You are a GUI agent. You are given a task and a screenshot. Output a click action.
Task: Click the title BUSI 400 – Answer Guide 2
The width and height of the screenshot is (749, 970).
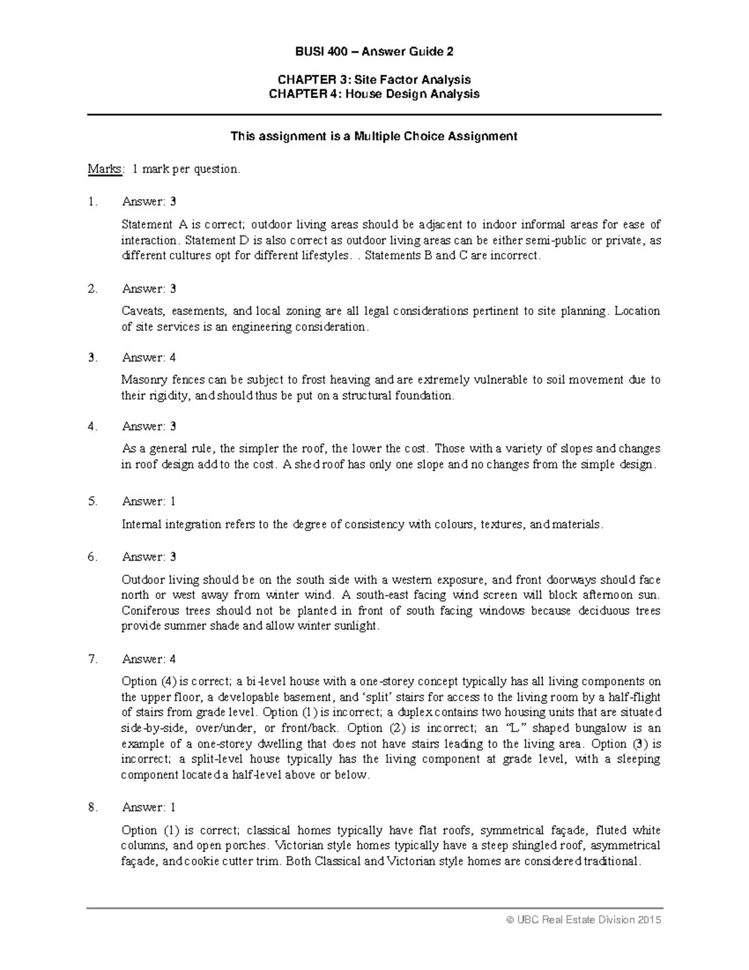pos(374,52)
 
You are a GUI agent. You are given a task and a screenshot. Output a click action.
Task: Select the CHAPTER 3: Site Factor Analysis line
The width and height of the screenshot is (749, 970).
pos(374,79)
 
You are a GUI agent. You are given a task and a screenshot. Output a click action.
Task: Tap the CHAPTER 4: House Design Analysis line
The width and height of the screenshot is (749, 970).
pos(374,94)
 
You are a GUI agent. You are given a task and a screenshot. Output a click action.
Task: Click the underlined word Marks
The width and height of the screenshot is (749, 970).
pos(105,169)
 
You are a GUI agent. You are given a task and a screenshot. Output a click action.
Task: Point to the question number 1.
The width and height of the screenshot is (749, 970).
pos(92,202)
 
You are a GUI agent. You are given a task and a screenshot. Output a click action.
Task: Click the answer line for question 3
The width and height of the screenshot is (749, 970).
pos(149,357)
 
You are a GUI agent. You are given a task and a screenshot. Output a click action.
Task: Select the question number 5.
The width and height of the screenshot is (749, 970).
pos(92,501)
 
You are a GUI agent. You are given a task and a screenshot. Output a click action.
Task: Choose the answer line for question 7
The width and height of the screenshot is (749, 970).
pos(149,658)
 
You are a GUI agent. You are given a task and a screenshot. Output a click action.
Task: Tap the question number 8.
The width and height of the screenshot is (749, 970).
pos(92,807)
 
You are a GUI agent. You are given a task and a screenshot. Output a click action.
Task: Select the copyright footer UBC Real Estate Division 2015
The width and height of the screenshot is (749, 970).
pos(584,919)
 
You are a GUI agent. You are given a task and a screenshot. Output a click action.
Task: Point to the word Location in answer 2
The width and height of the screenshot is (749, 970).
pos(637,311)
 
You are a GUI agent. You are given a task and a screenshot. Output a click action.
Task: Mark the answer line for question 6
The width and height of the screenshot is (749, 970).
pos(149,557)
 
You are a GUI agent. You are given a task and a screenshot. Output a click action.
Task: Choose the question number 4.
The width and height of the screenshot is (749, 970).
pos(92,426)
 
